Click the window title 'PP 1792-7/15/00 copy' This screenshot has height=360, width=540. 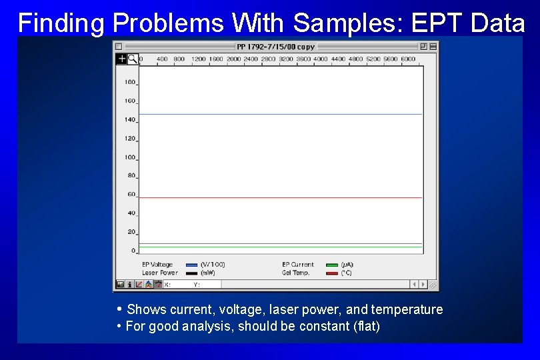click(275, 47)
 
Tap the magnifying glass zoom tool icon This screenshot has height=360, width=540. click(133, 59)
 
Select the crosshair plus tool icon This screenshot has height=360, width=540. click(121, 59)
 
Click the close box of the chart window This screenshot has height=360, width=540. click(119, 47)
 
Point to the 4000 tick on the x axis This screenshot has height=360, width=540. click(320, 59)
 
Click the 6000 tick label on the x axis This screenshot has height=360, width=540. click(407, 59)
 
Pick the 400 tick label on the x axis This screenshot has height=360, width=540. click(162, 59)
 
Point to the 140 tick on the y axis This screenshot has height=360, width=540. click(129, 120)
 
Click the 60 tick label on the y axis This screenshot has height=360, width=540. click(131, 195)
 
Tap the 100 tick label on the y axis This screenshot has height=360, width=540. click(129, 157)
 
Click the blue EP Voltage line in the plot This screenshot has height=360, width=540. click(280, 114)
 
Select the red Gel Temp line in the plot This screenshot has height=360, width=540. click(280, 197)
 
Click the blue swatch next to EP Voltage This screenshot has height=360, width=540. click(192, 265)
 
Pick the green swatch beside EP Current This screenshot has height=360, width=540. click(331, 265)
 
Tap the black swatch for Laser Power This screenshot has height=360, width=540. click(192, 273)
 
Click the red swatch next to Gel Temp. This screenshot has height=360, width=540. click(331, 273)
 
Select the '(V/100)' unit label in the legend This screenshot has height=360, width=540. click(213, 265)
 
